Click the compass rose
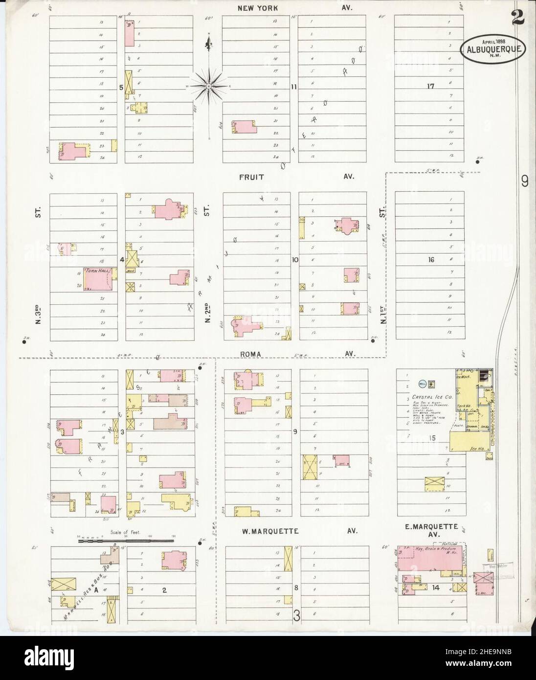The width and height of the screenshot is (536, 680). click(x=209, y=86)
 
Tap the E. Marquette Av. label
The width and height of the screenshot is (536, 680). click(x=430, y=530)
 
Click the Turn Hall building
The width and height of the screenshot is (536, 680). click(x=101, y=280)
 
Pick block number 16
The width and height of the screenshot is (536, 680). click(x=430, y=260)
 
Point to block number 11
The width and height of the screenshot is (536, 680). click(x=294, y=87)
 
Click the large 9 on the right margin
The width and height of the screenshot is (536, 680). click(x=525, y=181)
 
